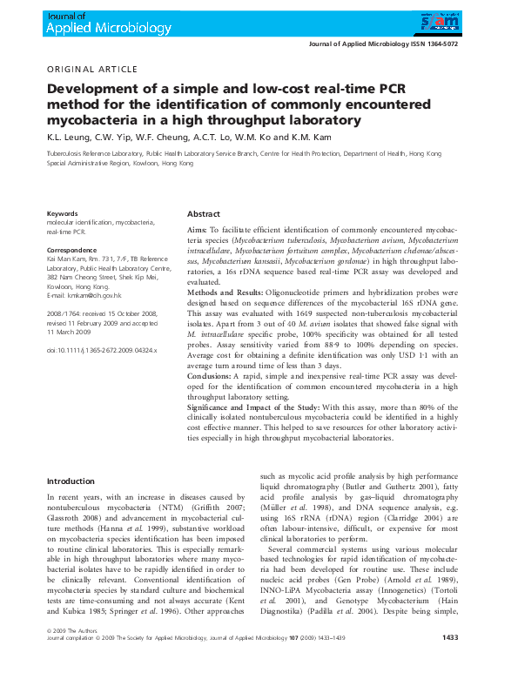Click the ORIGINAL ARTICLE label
(x=91, y=70)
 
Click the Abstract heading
(x=204, y=214)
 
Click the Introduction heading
(x=71, y=481)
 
